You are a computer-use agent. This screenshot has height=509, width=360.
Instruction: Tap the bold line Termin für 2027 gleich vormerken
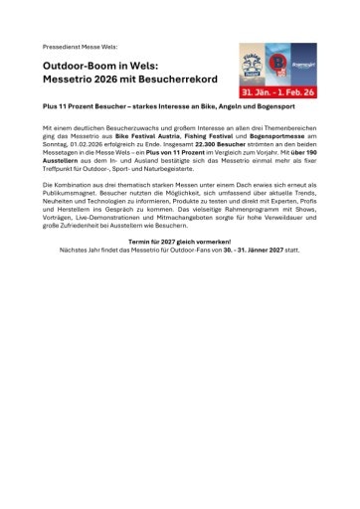coord(179,241)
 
